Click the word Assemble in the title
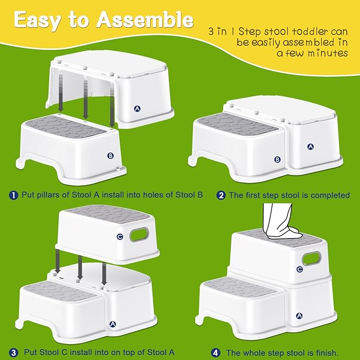tap(145, 20)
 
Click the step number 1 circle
tap(14, 195)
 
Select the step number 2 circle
tap(221, 196)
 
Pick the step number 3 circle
tap(14, 353)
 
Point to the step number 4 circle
tap(216, 353)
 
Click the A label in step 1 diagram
tap(137, 109)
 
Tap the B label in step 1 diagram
tap(110, 156)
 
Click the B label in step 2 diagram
tap(277, 160)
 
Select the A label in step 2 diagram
tap(310, 146)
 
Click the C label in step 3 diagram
tap(120, 236)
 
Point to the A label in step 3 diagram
tap(113, 324)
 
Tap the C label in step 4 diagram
tap(300, 269)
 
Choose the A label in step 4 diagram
tap(299, 315)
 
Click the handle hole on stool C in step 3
tap(139, 234)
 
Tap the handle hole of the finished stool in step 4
tap(312, 259)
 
